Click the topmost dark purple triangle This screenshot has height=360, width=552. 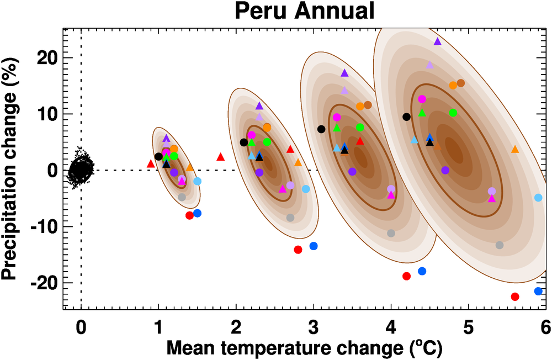pyautogui.click(x=438, y=41)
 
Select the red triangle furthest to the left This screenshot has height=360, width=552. pyautogui.click(x=151, y=163)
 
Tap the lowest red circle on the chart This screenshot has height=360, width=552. pyautogui.click(x=515, y=297)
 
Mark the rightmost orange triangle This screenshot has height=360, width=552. pyautogui.click(x=515, y=149)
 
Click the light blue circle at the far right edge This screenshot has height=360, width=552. pyautogui.click(x=538, y=198)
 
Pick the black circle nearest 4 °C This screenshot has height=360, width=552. pyautogui.click(x=407, y=117)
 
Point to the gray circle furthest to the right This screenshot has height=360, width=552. pyautogui.click(x=500, y=245)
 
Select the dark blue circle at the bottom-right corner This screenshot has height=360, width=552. pyautogui.click(x=538, y=291)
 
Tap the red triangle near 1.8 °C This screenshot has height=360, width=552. pyautogui.click(x=221, y=157)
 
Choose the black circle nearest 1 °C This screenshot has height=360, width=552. pyautogui.click(x=159, y=156)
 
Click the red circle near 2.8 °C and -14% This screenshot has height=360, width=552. pyautogui.click(x=298, y=250)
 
